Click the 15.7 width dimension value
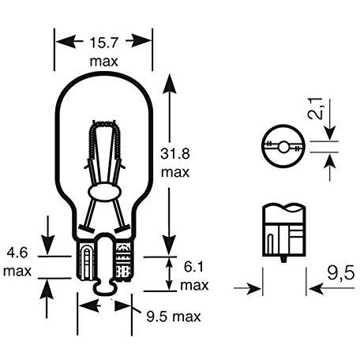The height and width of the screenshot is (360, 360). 103,43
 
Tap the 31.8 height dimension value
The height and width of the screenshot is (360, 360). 175,154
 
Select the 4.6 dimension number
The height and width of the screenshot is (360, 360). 17,253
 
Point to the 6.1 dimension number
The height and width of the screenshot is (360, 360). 193,267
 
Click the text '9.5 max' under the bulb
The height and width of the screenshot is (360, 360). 174,317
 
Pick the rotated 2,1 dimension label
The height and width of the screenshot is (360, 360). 315,108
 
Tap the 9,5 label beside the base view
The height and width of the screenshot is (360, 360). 341,273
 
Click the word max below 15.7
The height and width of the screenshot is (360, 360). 104,62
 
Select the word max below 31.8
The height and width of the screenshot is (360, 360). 175,173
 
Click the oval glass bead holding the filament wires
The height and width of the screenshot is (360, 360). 104,192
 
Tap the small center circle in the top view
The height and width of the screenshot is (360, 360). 283,147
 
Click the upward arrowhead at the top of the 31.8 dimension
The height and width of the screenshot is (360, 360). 169,84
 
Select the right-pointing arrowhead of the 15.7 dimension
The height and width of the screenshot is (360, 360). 141,41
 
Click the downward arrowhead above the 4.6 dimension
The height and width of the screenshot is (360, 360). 47,245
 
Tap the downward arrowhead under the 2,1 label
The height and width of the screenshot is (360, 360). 330,133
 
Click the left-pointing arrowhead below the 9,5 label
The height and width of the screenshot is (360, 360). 317,289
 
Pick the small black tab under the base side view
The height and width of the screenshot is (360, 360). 283,259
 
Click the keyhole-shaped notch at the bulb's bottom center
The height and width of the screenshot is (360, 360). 104,263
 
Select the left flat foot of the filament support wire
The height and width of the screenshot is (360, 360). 86,229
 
